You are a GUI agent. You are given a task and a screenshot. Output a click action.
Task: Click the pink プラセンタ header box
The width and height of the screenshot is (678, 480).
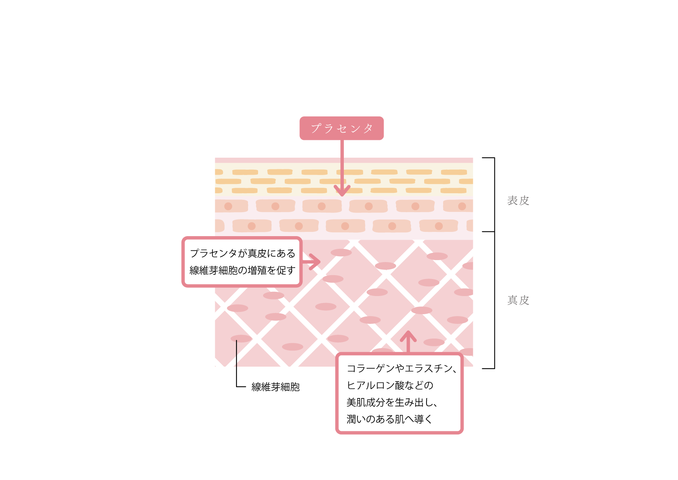342,128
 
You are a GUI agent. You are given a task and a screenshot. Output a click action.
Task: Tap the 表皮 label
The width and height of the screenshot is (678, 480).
518,201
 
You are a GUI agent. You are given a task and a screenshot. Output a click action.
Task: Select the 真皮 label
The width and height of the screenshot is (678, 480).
518,300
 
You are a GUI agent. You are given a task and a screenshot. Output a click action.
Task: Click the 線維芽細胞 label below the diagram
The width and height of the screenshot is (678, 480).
275,387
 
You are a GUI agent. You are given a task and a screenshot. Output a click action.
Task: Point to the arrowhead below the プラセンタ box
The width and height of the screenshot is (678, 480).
342,191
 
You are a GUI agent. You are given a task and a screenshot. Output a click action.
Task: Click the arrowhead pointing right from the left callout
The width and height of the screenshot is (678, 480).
316,262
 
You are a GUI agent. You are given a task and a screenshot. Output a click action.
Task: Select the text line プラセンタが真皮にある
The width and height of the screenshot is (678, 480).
242,254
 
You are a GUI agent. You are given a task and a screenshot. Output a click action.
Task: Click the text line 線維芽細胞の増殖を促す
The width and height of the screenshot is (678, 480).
242,271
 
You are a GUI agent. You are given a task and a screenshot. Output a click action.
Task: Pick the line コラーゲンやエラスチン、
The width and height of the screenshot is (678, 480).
401,369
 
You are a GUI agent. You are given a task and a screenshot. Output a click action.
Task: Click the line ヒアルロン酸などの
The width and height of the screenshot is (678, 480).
390,385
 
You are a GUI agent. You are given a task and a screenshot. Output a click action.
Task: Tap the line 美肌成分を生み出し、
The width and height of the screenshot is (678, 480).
392,402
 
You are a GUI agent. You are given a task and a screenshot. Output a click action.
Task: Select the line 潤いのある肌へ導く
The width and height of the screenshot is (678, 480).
389,419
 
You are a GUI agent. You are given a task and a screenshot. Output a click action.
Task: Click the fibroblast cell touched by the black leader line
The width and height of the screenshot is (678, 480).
241,339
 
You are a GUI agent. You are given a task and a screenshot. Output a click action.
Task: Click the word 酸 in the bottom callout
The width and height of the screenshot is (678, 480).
399,385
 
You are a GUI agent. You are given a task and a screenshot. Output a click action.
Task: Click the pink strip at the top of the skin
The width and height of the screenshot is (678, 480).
344,160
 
